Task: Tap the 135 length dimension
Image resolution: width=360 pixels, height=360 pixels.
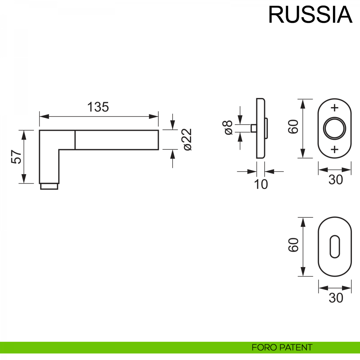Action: click(x=98, y=107)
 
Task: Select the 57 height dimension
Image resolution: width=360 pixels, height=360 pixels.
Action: click(x=17, y=157)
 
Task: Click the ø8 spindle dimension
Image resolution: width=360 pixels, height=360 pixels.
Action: click(x=228, y=128)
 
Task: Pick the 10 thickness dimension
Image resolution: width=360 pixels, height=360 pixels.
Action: click(x=261, y=184)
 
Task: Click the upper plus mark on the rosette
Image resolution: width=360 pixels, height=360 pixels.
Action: click(x=334, y=108)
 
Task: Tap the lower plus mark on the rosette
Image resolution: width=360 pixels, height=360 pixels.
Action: click(x=334, y=149)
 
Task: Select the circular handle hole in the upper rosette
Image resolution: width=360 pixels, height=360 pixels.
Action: click(x=334, y=128)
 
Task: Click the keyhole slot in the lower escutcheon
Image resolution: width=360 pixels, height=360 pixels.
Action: click(x=334, y=247)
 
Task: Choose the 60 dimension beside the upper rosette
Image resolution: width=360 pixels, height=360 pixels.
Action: click(x=294, y=127)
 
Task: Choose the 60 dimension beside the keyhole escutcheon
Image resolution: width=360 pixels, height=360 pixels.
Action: click(x=294, y=245)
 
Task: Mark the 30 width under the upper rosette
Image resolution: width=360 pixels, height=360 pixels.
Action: click(x=335, y=180)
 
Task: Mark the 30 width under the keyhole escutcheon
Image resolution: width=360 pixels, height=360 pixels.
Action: click(x=335, y=298)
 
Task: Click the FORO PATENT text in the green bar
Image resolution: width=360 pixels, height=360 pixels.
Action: click(x=282, y=347)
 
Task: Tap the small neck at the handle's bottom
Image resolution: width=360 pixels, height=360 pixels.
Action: click(x=49, y=187)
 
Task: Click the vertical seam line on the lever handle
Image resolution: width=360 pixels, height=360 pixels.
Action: click(x=75, y=140)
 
